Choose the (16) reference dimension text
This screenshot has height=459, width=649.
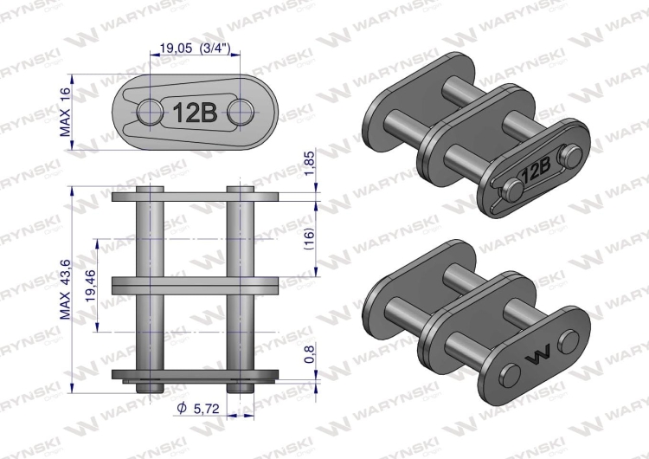click(x=309, y=237)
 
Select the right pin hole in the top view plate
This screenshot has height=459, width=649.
click(x=241, y=111)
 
